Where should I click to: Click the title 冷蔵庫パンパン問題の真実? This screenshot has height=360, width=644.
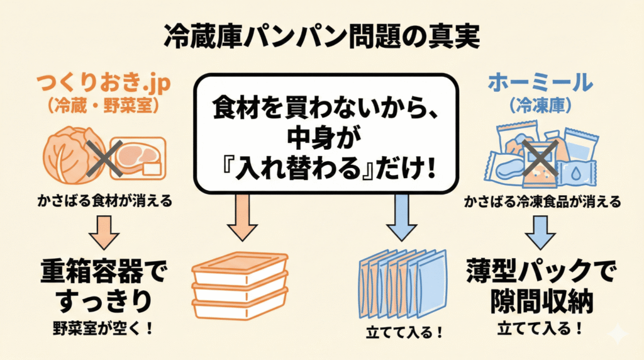point(321,37)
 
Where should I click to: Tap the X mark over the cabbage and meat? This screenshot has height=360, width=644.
point(104,155)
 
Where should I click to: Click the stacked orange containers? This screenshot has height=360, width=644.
point(240,287)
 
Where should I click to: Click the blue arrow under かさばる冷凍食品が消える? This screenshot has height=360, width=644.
point(540,231)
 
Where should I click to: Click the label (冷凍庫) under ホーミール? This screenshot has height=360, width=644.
point(540,105)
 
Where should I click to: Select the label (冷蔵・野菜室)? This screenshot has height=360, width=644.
point(104,105)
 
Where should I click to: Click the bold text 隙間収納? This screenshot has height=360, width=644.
point(540,303)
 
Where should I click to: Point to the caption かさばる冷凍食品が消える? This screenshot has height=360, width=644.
point(543,203)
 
